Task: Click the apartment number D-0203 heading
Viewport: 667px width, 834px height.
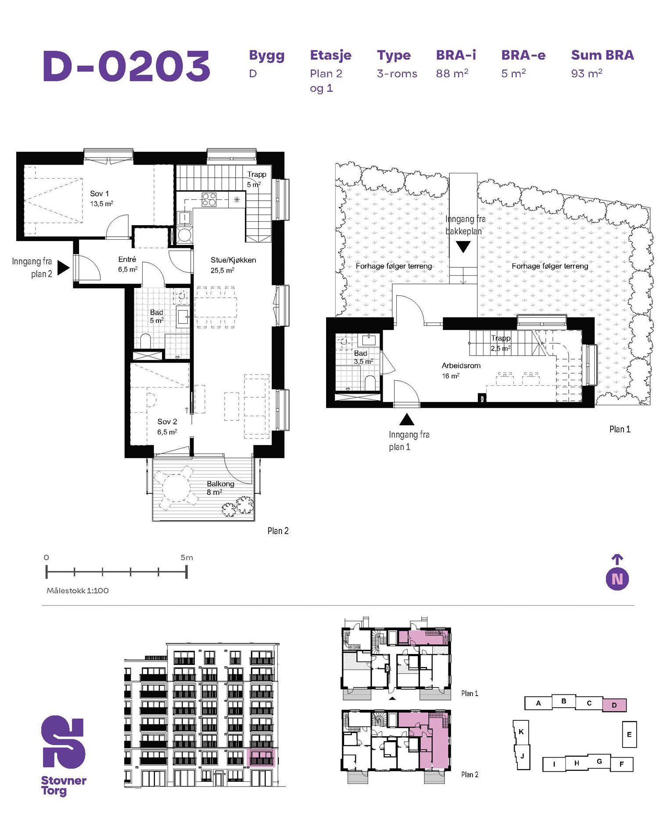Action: [127, 66]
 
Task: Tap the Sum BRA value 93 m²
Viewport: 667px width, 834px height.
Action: [587, 73]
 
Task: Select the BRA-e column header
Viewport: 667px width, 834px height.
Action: [524, 55]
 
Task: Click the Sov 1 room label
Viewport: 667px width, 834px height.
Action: [99, 194]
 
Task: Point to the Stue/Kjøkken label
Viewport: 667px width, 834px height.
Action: [233, 260]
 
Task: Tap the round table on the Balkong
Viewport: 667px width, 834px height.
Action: [175, 489]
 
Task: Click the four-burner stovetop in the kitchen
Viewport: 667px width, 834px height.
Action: [209, 200]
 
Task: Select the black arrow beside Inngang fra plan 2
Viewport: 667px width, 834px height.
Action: [64, 267]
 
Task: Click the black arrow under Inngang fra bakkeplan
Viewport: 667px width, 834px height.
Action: [463, 247]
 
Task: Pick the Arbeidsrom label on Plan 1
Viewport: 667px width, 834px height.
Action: [461, 366]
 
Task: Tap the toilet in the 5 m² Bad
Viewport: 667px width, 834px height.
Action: [146, 341]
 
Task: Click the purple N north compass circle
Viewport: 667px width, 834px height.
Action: [617, 579]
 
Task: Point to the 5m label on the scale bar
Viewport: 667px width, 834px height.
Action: [187, 557]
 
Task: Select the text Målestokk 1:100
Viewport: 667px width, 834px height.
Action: [78, 591]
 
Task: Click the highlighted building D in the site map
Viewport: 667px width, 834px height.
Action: [614, 705]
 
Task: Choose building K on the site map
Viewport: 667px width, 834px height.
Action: [521, 732]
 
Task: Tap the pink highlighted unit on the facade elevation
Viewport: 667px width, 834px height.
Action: [262, 758]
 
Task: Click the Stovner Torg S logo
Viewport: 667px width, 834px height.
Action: [63, 742]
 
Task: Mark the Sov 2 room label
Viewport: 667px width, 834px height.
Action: [167, 422]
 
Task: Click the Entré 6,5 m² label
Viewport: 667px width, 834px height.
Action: [127, 264]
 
